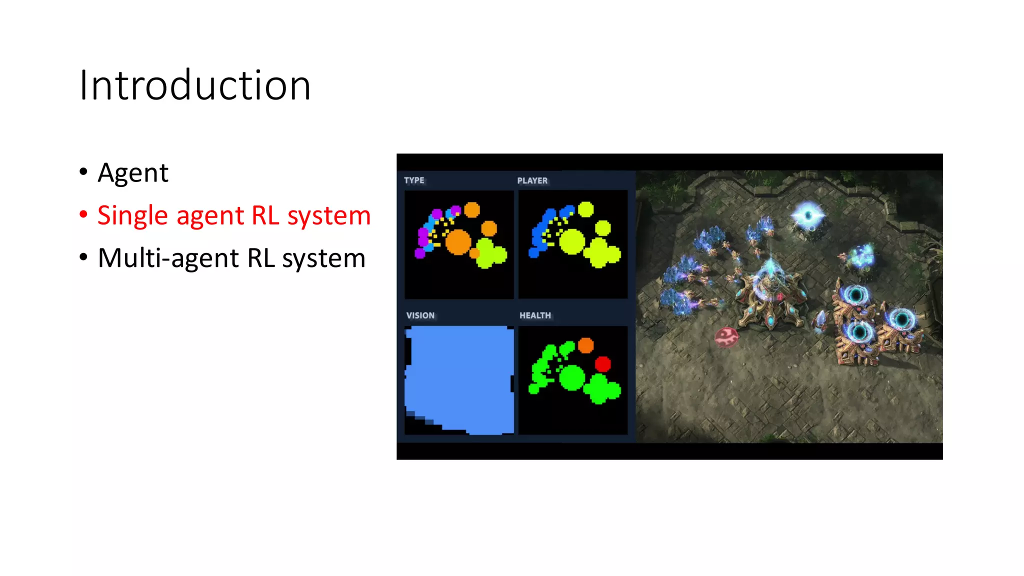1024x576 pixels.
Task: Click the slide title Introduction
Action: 195,85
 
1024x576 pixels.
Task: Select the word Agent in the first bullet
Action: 133,173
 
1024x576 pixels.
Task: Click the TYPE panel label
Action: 414,180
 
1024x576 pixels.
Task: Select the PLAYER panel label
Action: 532,180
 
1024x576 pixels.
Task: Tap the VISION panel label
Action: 420,315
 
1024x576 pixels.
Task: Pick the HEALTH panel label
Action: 535,315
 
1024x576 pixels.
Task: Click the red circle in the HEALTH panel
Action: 603,363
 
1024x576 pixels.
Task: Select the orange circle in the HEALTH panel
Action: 585,345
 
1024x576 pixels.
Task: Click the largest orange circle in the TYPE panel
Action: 458,242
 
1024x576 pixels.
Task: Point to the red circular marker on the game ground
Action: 726,337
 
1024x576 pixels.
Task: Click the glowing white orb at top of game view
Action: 807,215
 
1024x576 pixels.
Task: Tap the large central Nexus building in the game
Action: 770,295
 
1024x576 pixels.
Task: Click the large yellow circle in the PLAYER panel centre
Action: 572,242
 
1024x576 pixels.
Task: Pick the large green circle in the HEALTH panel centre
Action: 572,377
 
